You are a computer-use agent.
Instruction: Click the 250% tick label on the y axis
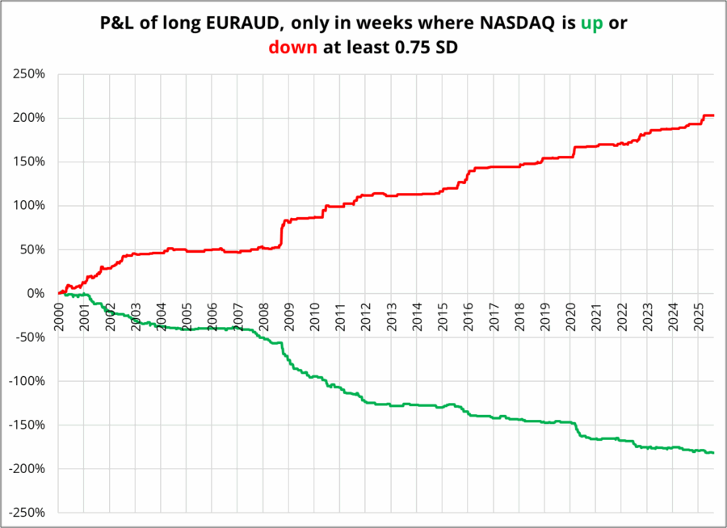coord(28,74)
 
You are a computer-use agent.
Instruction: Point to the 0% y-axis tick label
coord(35,293)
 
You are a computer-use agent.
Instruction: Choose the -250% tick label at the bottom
coord(26,513)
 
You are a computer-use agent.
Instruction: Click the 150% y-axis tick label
coord(28,161)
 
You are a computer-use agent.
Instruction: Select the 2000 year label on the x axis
coord(59,316)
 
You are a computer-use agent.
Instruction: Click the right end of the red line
coord(713,115)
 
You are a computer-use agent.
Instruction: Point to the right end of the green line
coord(713,452)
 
